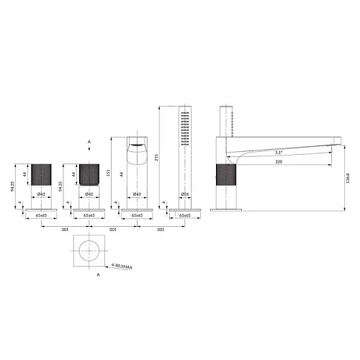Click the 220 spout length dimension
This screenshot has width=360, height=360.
[278, 163]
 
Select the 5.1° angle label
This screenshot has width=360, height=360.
[278, 153]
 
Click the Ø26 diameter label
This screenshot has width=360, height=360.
[184, 194]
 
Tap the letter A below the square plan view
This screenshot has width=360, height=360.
[90, 274]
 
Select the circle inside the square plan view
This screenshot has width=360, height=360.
[90, 250]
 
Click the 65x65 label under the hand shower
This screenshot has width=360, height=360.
[184, 215]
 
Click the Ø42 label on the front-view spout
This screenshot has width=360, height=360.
[137, 194]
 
